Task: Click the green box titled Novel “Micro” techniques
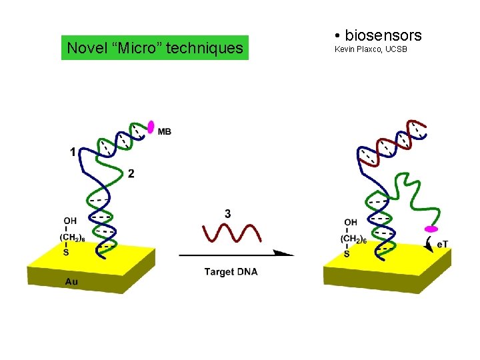[x=155, y=48]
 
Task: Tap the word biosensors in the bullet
[x=383, y=35]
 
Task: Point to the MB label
[x=165, y=131]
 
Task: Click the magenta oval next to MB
[x=151, y=126]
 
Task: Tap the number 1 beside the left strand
[x=73, y=152]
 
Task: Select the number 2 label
[x=131, y=173]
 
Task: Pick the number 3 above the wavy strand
[x=228, y=214]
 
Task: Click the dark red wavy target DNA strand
[x=229, y=233]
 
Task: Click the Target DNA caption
[x=231, y=271]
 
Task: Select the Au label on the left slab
[x=71, y=282]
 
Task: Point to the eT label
[x=443, y=245]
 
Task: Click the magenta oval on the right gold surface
[x=431, y=229]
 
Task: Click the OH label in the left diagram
[x=70, y=221]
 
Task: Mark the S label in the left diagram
[x=65, y=252]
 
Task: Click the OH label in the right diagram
[x=351, y=222]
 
